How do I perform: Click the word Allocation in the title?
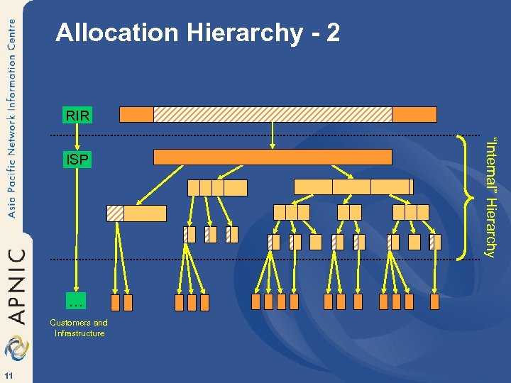pos(107,33)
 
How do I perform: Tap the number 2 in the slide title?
pos(332,33)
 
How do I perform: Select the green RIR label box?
pos(76,114)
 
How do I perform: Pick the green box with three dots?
pos(76,303)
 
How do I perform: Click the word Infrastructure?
pos(79,333)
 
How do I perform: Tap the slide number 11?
pos(8,374)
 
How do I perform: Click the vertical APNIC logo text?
pos(16,284)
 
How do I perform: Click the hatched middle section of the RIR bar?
pos(273,114)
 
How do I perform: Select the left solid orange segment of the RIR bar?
pos(136,114)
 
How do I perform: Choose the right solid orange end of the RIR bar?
pos(414,114)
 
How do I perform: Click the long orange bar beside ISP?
pos(273,157)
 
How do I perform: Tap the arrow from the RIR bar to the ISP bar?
pos(273,135)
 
